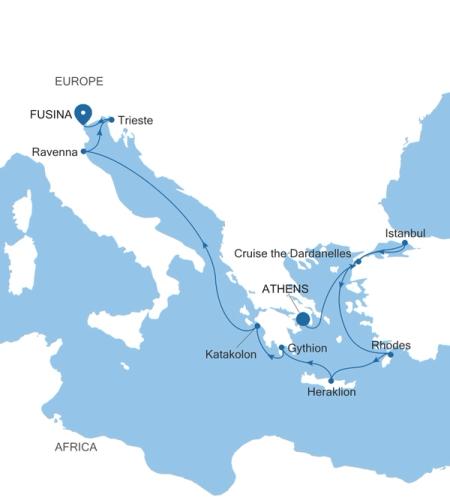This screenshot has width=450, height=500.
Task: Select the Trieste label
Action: point(135,120)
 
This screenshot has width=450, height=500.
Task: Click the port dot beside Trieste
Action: point(111,119)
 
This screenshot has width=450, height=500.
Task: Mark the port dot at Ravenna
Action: point(84,152)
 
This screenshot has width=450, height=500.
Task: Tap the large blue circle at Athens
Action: point(303,319)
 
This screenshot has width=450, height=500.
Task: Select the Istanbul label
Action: point(405,233)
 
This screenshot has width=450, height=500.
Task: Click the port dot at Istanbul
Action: point(404,243)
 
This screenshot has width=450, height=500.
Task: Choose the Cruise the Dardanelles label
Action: point(291,254)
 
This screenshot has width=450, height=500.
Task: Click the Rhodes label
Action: point(390,345)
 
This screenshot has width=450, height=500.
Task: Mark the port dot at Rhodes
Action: point(390,355)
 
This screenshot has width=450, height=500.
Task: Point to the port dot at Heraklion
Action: point(329,380)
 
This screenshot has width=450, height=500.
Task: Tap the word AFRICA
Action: point(76,447)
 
